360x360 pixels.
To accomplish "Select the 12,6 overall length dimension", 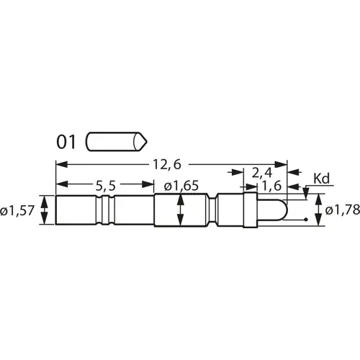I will click(163, 164).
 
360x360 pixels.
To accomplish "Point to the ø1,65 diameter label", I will click(181, 186).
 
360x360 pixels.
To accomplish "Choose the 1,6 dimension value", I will click(272, 186).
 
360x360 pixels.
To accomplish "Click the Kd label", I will click(321, 177).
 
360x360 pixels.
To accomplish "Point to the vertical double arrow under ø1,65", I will click(181, 211).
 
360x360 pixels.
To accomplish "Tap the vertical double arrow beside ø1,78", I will click(318, 211).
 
